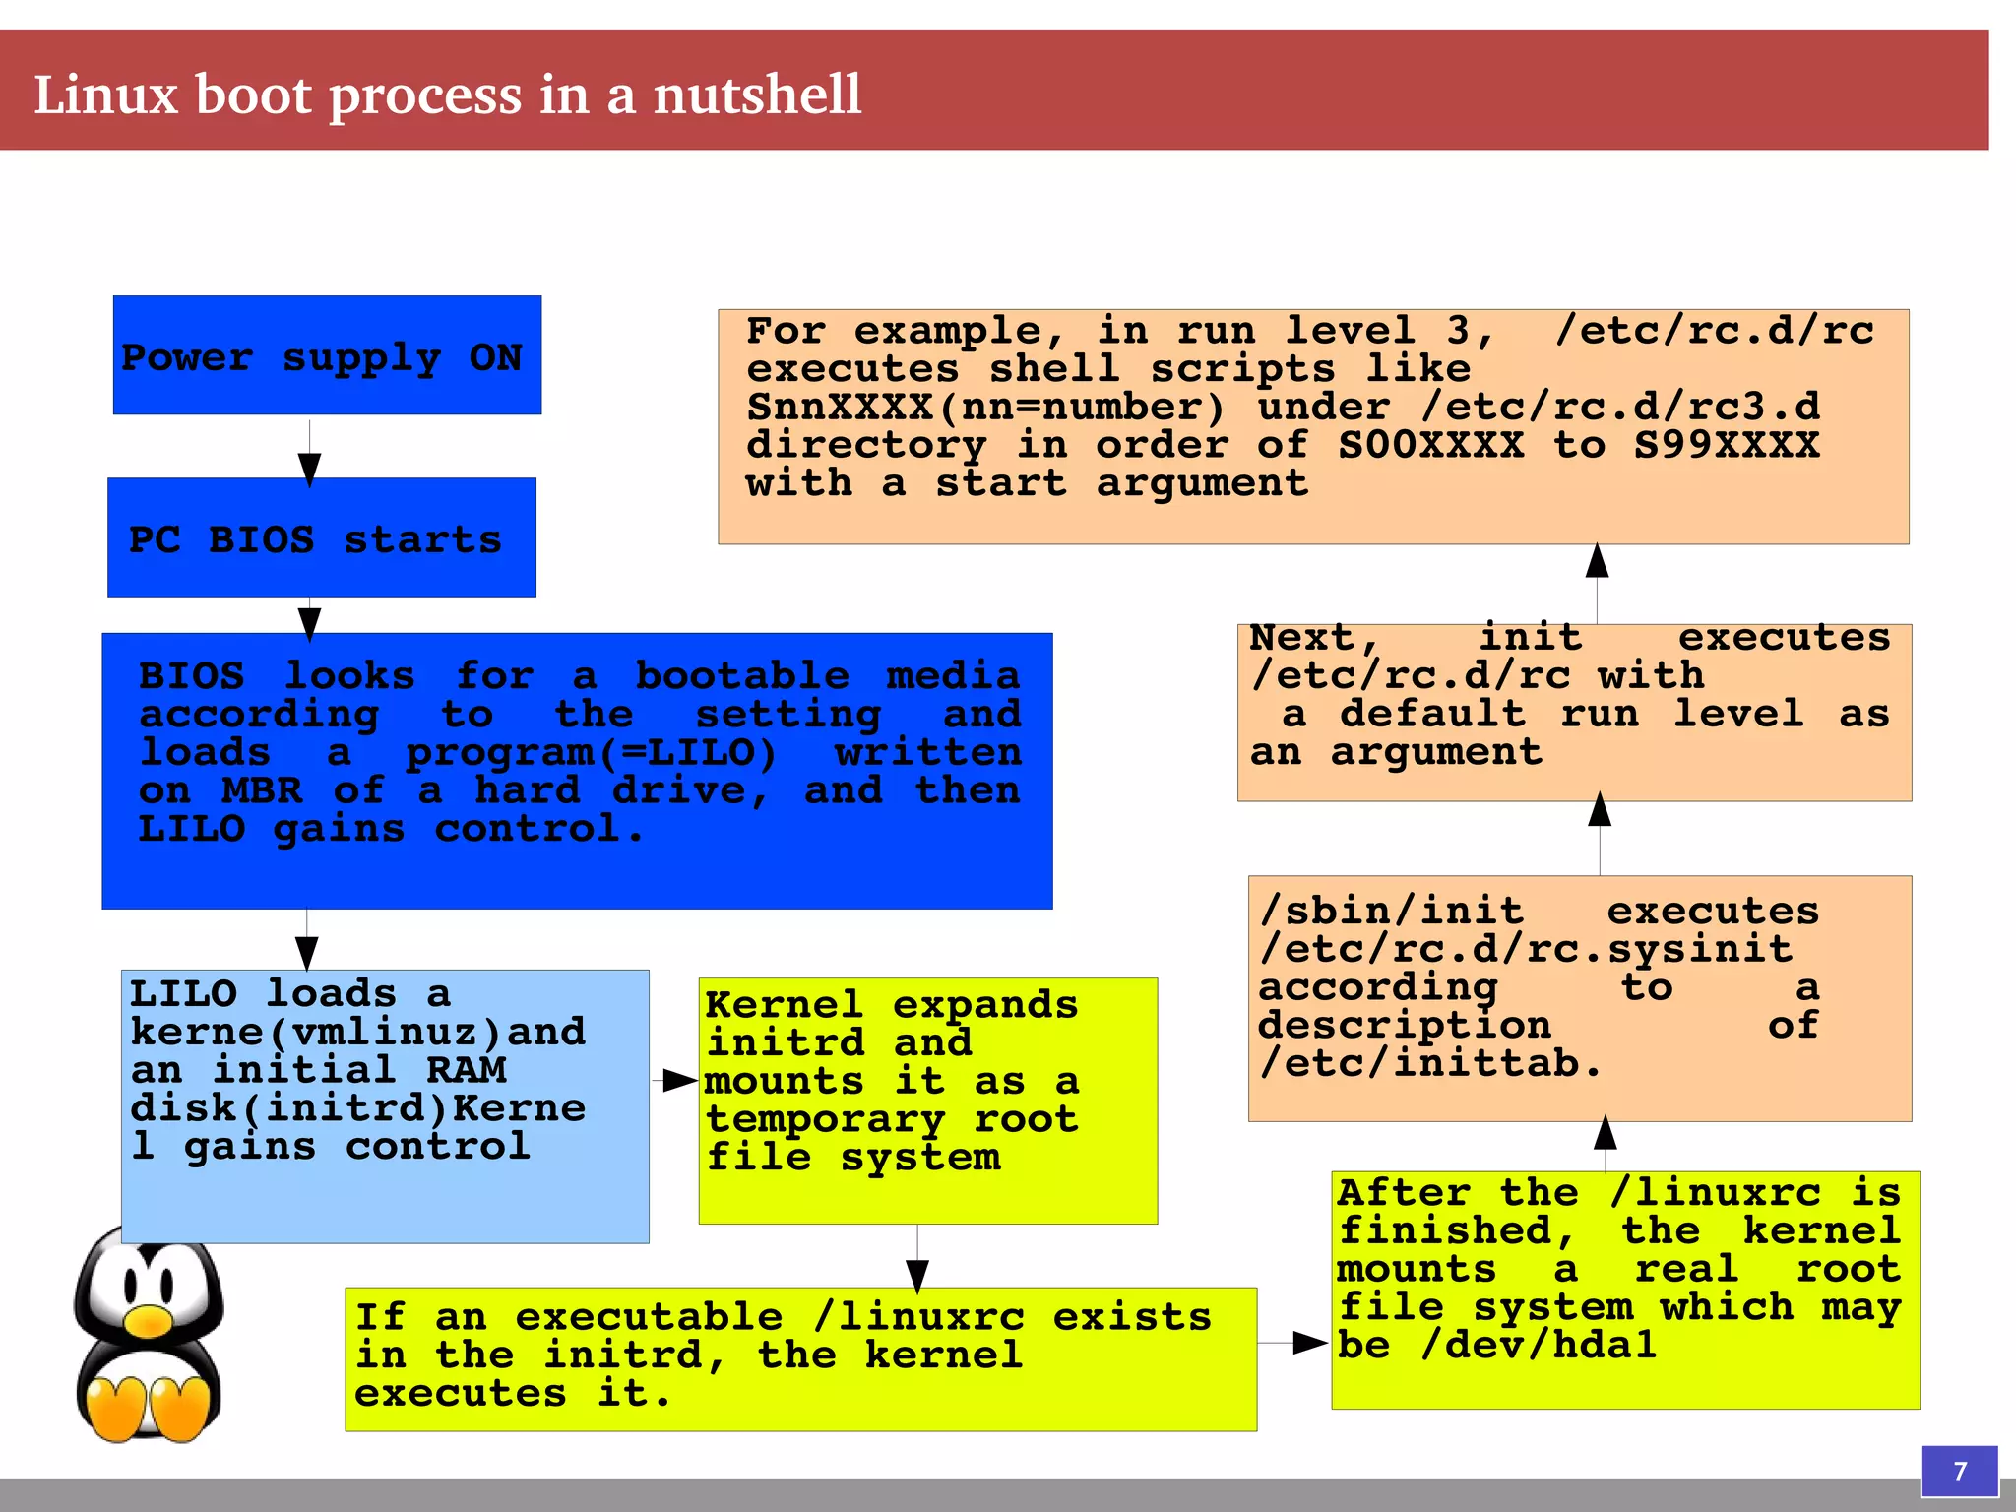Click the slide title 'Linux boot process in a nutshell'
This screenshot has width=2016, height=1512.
coord(448,95)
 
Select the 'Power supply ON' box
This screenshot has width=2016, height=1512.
coord(327,355)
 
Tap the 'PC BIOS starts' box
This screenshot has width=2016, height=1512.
coord(321,537)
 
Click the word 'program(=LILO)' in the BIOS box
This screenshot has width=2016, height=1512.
coord(592,753)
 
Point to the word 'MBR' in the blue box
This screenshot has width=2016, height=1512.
coord(262,790)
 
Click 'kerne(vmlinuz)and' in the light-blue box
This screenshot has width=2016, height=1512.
coord(357,1032)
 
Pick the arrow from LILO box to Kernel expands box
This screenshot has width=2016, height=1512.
coord(677,1081)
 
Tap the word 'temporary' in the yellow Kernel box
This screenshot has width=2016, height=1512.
coord(825,1119)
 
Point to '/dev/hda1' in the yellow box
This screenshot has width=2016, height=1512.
coord(1538,1346)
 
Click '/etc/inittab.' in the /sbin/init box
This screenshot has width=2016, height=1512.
coord(1429,1064)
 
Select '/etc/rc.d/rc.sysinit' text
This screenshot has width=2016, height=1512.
coord(1525,949)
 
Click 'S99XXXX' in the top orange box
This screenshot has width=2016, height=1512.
coord(1726,445)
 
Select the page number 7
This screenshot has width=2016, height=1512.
coord(1959,1471)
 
